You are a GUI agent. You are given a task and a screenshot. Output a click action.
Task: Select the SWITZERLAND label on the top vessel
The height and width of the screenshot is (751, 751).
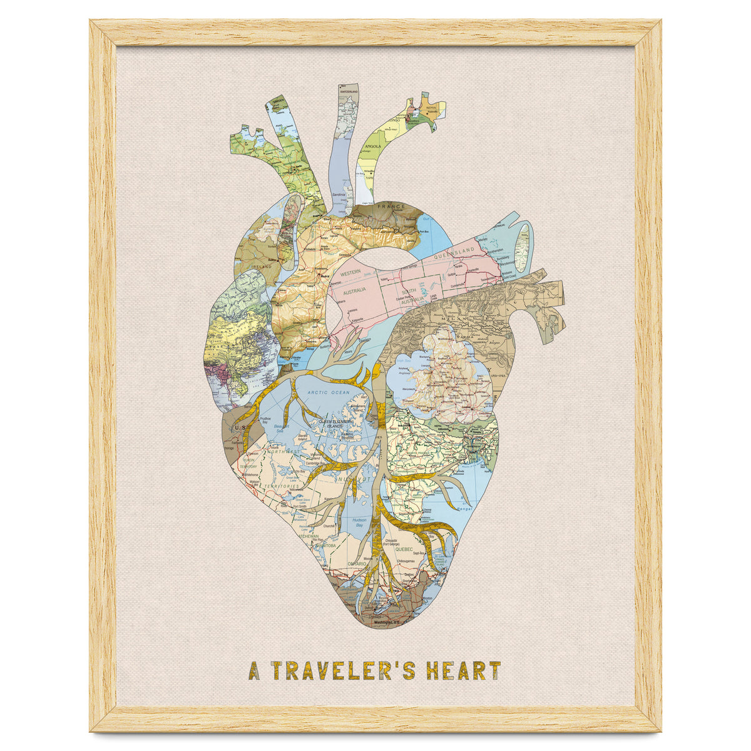pos(349,93)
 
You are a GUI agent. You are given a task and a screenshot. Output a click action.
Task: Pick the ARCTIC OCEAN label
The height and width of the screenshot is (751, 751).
pos(328,392)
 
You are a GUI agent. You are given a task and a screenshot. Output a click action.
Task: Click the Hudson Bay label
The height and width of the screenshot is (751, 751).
pos(359,523)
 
